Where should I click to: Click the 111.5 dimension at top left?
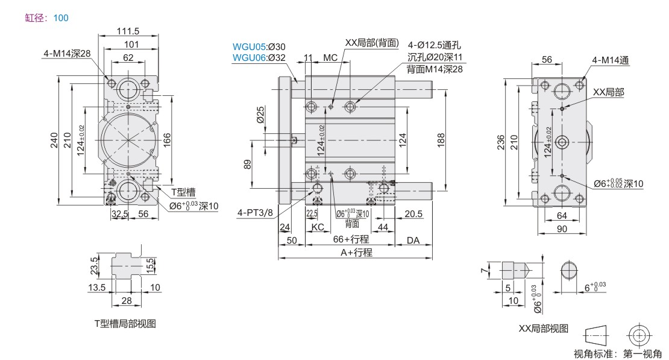click(128, 31)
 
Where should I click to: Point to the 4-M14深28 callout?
click(66, 54)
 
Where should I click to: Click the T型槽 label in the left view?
click(183, 192)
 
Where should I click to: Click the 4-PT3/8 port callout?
click(255, 212)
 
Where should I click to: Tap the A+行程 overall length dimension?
click(356, 253)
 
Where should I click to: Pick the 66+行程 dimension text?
click(351, 239)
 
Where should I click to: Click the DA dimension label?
click(413, 239)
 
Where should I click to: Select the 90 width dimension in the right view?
click(562, 229)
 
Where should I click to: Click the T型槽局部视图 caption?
click(125, 324)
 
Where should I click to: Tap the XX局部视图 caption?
click(543, 329)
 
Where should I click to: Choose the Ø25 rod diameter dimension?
click(260, 115)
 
